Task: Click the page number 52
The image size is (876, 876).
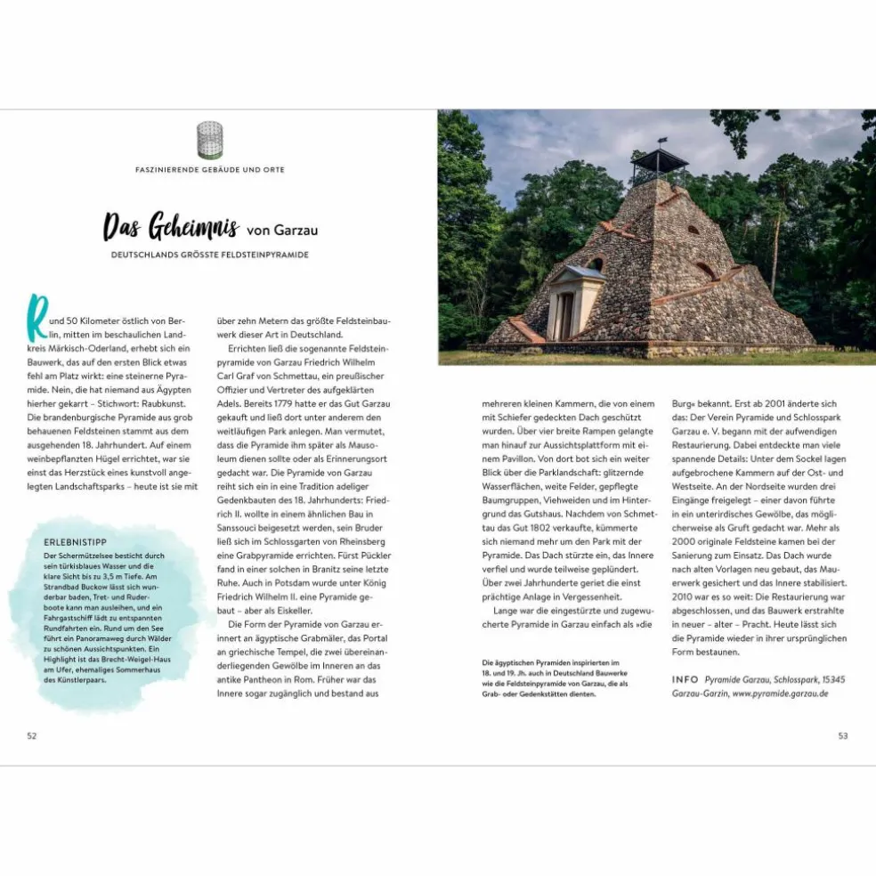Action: click(32, 735)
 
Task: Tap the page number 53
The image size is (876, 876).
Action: click(843, 735)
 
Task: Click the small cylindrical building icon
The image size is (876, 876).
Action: click(209, 140)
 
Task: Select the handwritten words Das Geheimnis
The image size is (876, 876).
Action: click(170, 227)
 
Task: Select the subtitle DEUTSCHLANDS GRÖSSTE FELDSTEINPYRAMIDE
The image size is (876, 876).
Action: click(210, 255)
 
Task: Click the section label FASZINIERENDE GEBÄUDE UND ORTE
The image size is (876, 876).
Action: click(210, 169)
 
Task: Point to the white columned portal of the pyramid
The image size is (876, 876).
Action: click(566, 303)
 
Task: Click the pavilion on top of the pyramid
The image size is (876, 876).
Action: click(659, 164)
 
